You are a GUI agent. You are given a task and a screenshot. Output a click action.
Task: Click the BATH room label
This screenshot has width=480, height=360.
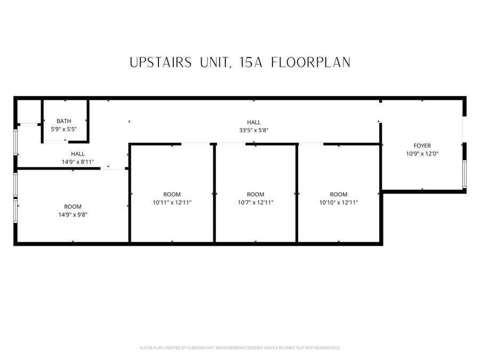coord(64,121)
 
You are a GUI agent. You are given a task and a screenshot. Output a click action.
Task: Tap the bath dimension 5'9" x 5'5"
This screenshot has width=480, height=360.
coord(64,129)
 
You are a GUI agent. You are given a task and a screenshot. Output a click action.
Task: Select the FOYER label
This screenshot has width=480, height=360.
coord(422,145)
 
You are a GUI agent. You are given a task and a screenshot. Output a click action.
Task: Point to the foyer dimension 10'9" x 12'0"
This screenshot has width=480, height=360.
coord(422,153)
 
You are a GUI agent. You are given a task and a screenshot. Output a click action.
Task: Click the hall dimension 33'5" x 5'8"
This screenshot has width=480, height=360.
coord(254,130)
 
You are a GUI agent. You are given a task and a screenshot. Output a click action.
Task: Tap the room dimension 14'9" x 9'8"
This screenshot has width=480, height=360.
coord(73,214)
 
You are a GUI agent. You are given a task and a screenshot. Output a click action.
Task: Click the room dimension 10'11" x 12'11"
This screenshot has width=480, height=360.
coord(172,202)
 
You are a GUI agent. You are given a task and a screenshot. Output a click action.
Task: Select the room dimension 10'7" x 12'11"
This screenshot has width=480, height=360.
coord(255,202)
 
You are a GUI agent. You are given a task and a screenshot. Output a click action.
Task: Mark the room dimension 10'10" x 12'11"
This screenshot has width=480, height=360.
coord(339,202)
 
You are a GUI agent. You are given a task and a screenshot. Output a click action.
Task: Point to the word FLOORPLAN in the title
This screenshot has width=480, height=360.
coord(310,62)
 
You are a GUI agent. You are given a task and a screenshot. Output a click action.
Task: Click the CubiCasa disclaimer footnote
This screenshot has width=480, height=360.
coord(239,348)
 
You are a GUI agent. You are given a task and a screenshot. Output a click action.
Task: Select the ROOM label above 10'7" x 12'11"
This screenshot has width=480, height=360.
coord(255,194)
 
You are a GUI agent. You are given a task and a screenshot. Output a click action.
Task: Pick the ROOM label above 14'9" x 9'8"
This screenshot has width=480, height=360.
coord(73,206)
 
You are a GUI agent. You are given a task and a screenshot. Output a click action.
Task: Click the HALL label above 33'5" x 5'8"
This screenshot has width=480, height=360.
coord(254,122)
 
